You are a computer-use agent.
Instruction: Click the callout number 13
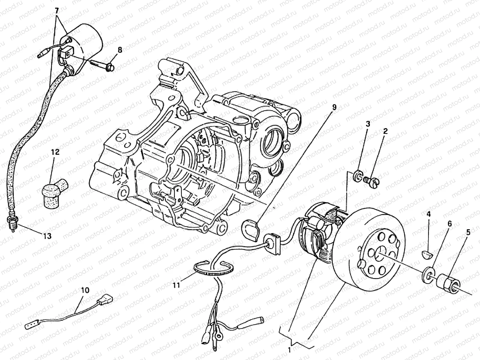[46, 236]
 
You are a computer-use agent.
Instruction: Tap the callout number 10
[85, 290]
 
